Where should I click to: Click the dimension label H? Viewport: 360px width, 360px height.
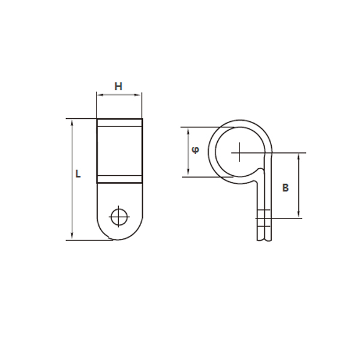coord(119,86)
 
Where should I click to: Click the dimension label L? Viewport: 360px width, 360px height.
coord(78,174)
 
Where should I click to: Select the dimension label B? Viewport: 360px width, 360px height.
coord(286,188)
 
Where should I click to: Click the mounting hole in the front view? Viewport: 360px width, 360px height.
coord(119,216)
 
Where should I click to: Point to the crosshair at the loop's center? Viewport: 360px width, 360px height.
coord(239,152)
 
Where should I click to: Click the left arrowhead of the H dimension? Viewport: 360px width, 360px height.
coord(98,95)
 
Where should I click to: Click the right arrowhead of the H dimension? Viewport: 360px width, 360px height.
coord(140,95)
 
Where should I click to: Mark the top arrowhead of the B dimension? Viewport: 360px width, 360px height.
coord(299,155)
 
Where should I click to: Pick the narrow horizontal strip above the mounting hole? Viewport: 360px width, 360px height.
coord(119,178)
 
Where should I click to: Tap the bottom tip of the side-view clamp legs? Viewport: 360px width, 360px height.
coord(265,239)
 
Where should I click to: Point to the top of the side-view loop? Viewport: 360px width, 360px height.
coord(240,121)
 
